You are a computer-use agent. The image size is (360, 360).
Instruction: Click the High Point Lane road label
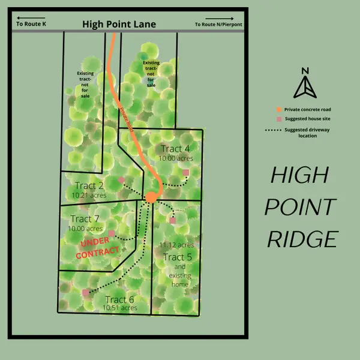[119, 24]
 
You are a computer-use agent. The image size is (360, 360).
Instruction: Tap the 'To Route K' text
[32, 25]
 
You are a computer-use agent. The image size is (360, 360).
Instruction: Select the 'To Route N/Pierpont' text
[219, 25]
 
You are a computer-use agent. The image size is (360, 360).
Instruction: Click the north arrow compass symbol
[305, 83]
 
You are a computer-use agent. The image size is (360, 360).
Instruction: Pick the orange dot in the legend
[279, 110]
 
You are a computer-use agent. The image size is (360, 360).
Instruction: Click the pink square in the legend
[279, 119]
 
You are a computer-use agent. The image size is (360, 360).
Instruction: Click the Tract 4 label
[175, 149]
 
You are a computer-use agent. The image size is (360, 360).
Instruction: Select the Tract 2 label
[90, 185]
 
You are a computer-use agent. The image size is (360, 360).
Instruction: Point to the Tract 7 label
[85, 219]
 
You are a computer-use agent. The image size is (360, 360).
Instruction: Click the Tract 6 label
[119, 299]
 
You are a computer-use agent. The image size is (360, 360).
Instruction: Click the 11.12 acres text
[176, 245]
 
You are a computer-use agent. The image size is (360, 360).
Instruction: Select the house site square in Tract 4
[186, 173]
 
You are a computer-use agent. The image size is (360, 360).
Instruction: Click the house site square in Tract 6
[85, 293]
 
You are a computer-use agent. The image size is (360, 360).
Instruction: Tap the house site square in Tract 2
[122, 179]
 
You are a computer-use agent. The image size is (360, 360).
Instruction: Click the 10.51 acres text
[120, 308]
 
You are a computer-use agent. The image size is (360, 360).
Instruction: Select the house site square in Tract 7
[112, 233]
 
